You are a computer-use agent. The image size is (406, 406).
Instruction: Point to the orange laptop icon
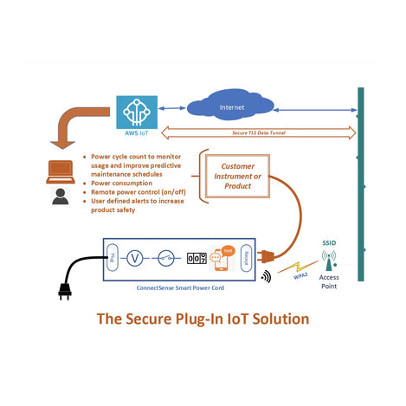click(x=60, y=170)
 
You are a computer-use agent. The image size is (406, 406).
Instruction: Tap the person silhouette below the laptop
click(x=60, y=196)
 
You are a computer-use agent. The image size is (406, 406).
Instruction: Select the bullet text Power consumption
click(x=121, y=184)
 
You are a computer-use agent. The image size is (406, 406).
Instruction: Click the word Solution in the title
click(x=277, y=319)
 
